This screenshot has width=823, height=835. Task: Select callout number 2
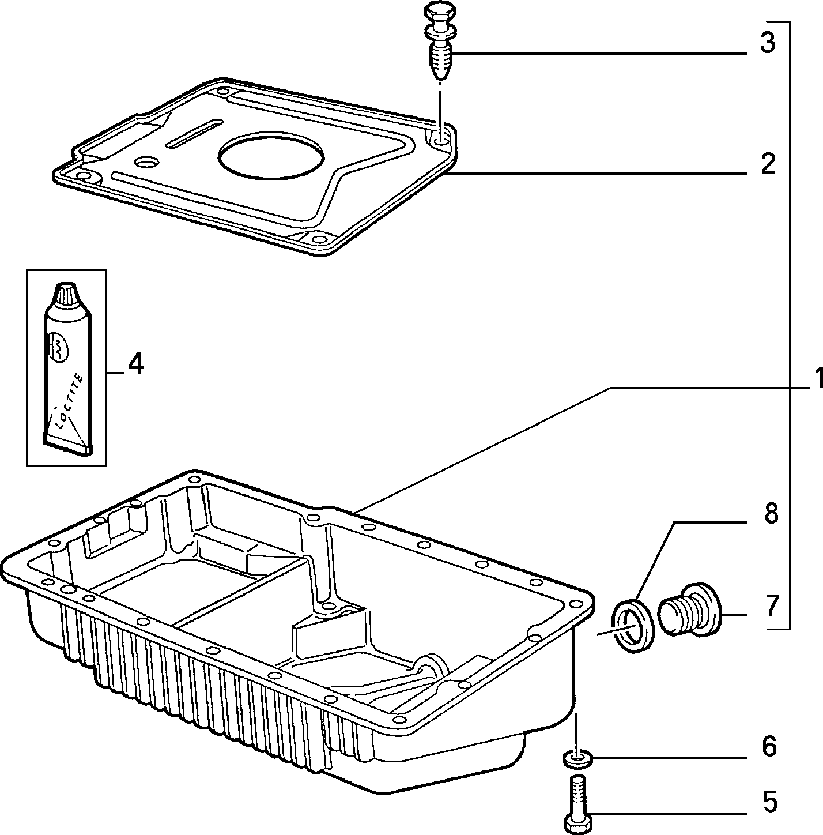point(768,164)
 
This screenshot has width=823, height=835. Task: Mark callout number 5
point(770,802)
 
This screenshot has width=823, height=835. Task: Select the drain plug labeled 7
point(689,610)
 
